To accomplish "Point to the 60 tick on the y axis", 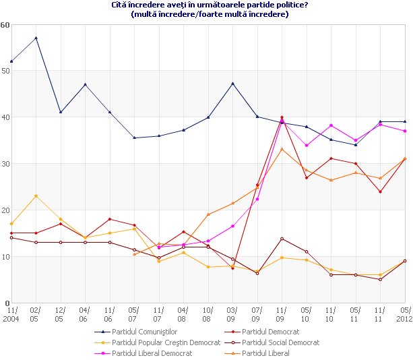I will click(5, 25).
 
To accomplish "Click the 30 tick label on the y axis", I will click(5, 164).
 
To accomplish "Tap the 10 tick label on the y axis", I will click(5, 257).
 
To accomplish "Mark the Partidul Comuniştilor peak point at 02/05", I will click(36, 38).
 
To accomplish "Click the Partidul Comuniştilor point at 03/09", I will click(232, 84).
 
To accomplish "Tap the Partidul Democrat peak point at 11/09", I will click(282, 117).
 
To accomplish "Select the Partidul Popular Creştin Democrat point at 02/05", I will click(36, 196).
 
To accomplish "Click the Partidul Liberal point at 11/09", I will click(282, 149).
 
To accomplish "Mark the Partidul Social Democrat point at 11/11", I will click(380, 279).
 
